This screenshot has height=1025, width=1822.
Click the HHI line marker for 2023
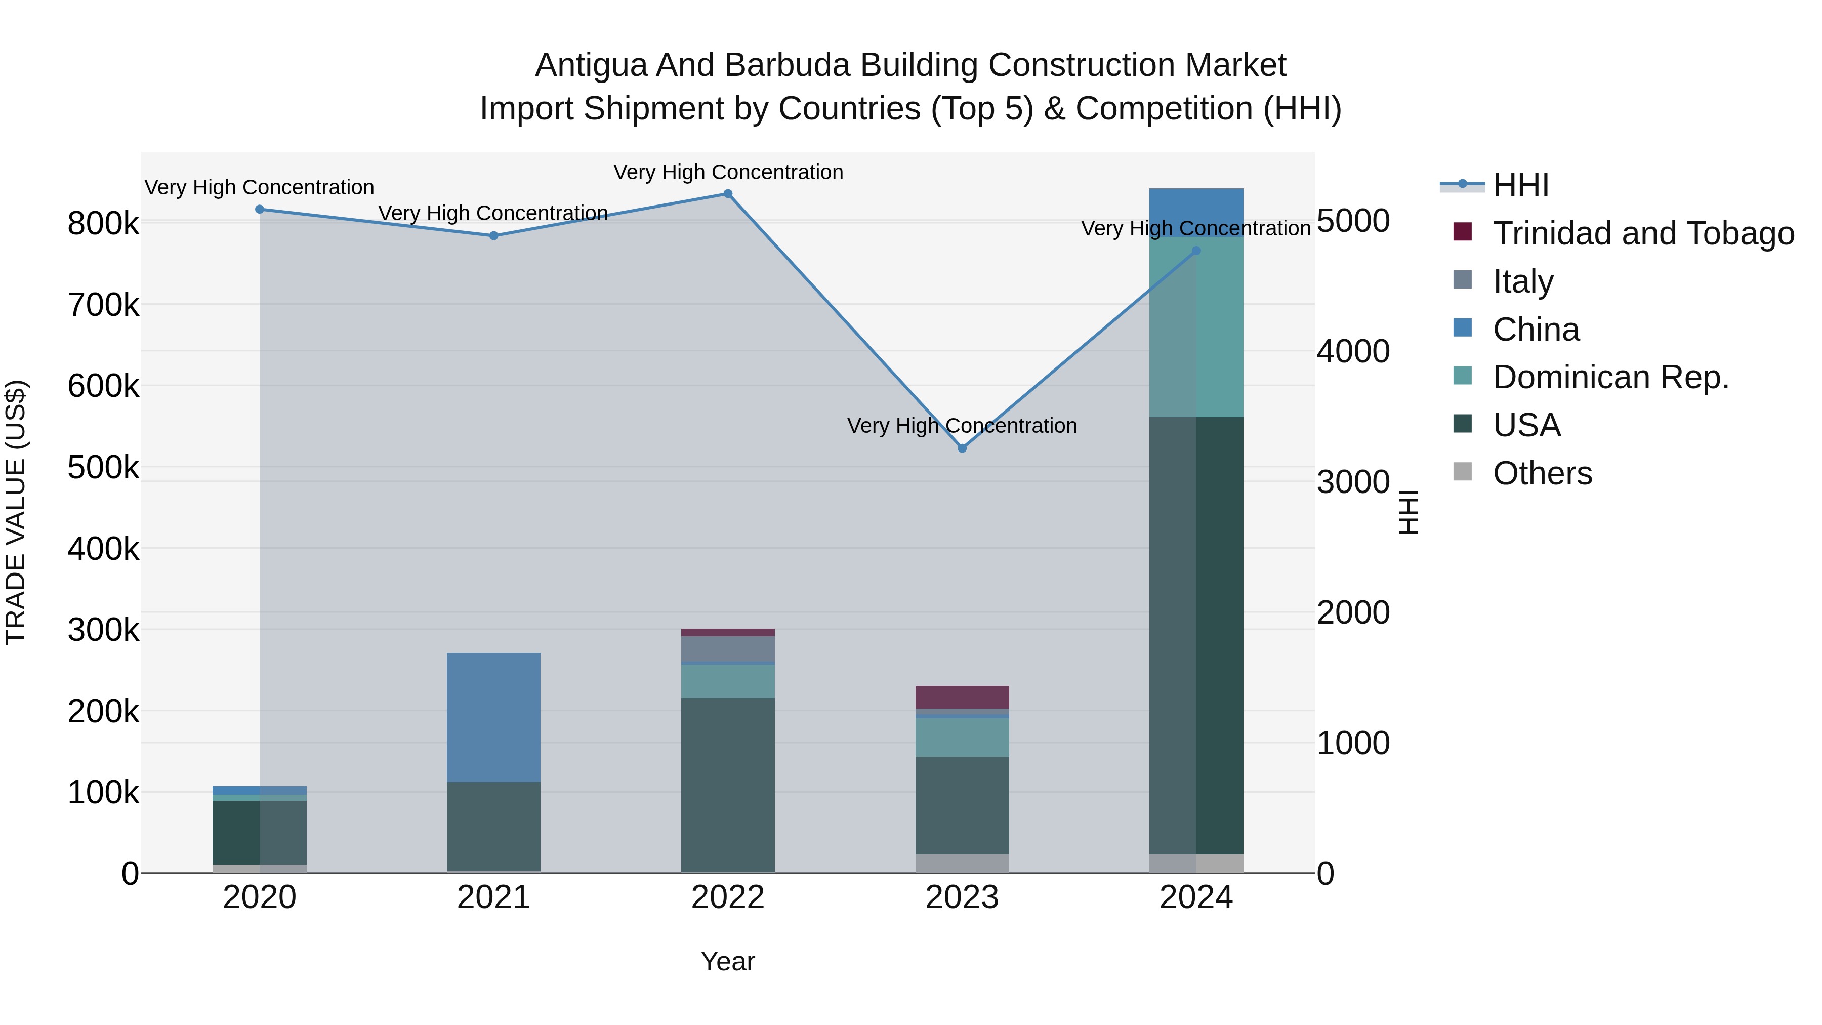tap(962, 448)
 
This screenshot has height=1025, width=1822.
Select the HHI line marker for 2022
tap(728, 194)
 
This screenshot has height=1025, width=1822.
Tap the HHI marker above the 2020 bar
tap(260, 210)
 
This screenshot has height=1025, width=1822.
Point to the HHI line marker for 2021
tap(493, 235)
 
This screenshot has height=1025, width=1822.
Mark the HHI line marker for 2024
tap(1196, 251)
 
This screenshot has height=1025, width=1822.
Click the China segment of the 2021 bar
tap(493, 717)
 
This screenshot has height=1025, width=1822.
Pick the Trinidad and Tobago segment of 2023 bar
tap(962, 697)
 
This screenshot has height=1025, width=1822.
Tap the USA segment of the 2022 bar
tap(728, 785)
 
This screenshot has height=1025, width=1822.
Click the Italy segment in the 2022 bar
tap(728, 649)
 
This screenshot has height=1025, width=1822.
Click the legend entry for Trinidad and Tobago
tap(1643, 233)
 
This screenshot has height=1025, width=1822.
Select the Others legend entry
tap(1542, 473)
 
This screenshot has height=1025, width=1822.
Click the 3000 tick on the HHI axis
tap(1352, 482)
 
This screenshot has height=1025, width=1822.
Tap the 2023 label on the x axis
tap(962, 897)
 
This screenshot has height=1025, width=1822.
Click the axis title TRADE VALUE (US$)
tap(16, 512)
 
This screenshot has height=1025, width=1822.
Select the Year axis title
tap(728, 961)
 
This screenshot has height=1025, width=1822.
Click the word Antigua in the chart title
tap(590, 65)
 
